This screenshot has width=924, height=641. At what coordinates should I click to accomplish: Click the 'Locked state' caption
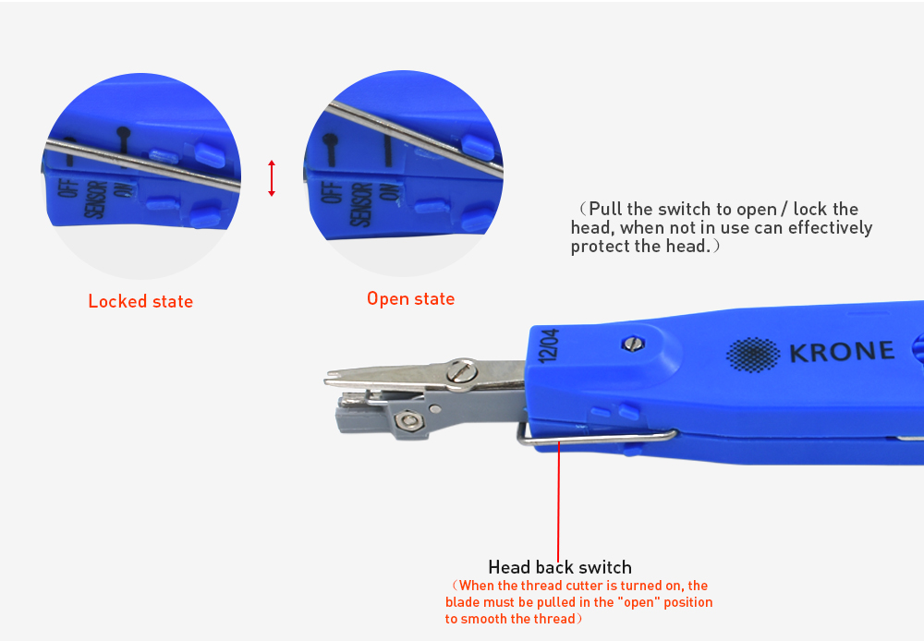(140, 302)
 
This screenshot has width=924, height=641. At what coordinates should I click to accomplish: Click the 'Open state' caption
(410, 299)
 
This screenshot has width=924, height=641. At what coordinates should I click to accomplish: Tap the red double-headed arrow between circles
(272, 178)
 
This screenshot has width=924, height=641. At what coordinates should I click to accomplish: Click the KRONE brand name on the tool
(842, 352)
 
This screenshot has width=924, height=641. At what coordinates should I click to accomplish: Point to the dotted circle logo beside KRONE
(753, 353)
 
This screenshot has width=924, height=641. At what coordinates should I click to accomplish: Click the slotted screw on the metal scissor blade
(459, 372)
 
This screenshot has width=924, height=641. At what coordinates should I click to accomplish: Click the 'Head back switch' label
(560, 567)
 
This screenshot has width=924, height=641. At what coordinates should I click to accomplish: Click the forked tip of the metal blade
(334, 379)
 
